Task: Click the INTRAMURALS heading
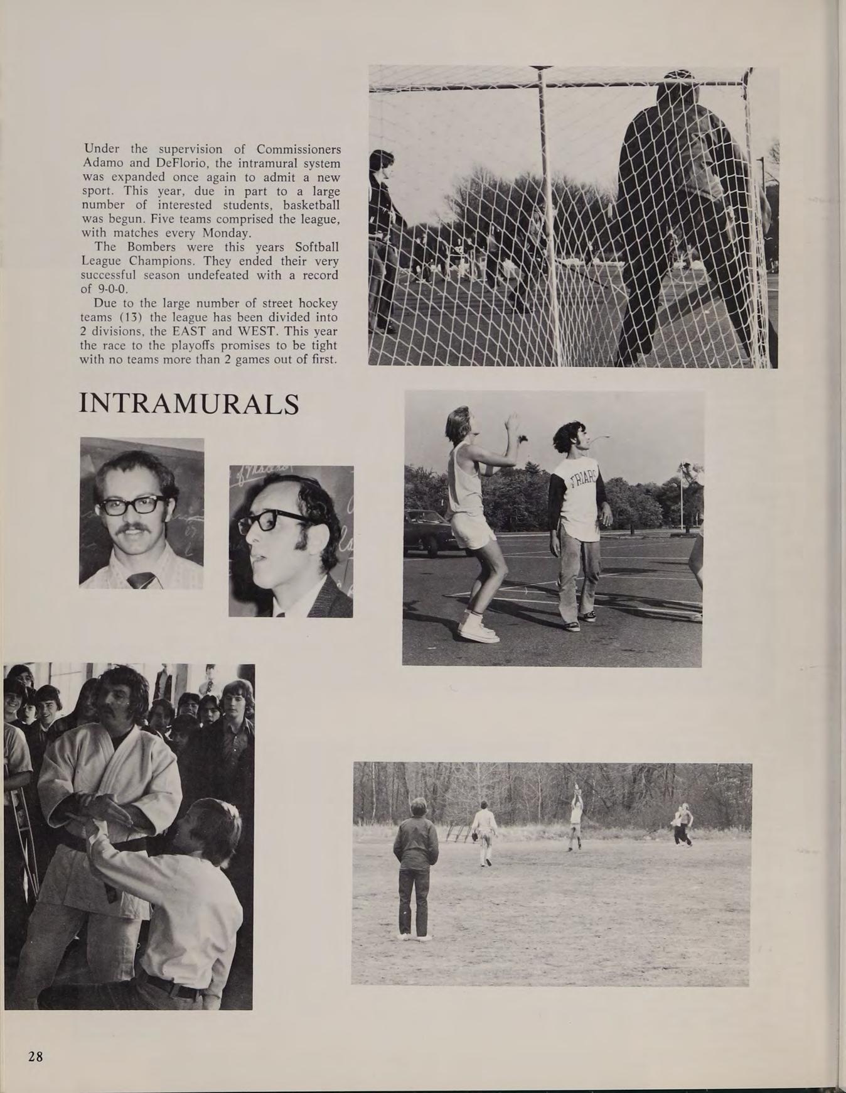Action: click(189, 404)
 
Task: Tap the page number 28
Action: click(35, 1057)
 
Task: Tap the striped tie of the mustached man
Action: click(142, 579)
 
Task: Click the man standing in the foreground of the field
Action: click(415, 867)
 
